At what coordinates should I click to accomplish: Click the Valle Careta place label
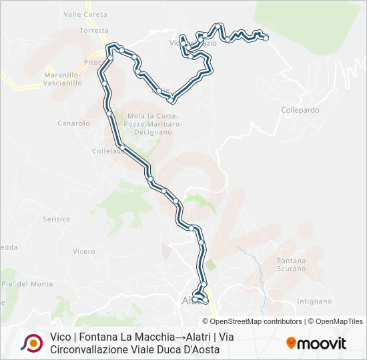(85, 14)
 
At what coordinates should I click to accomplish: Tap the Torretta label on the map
(93, 31)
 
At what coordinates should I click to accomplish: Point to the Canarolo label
(73, 123)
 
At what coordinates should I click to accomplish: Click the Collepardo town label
(300, 110)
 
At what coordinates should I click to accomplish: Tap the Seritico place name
(56, 219)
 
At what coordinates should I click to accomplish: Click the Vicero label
(84, 251)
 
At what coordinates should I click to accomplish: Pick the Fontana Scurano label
(291, 265)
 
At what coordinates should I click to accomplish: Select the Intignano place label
(313, 301)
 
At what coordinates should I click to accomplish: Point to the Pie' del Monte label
(27, 284)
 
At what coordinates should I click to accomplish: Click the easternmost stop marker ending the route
(266, 38)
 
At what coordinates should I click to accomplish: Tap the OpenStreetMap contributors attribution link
(247, 321)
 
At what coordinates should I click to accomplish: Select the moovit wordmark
(322, 343)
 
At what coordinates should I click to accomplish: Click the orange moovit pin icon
(291, 343)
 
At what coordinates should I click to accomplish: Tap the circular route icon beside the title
(31, 343)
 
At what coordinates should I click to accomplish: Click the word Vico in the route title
(61, 337)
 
